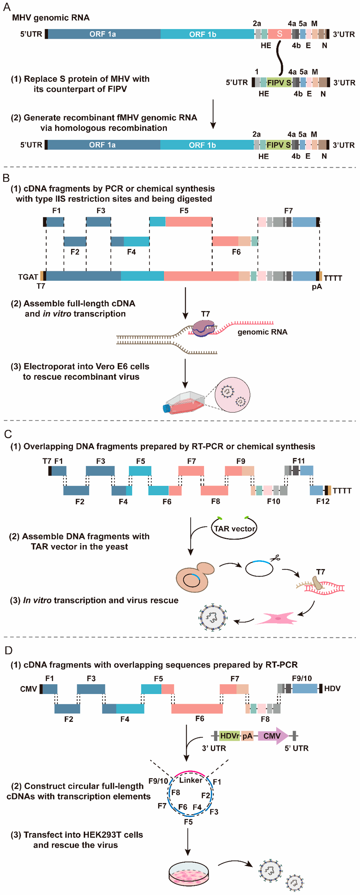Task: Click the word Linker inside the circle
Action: pyautogui.click(x=191, y=780)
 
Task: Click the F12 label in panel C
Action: pyautogui.click(x=323, y=501)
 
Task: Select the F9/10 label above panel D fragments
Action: pyautogui.click(x=302, y=678)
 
